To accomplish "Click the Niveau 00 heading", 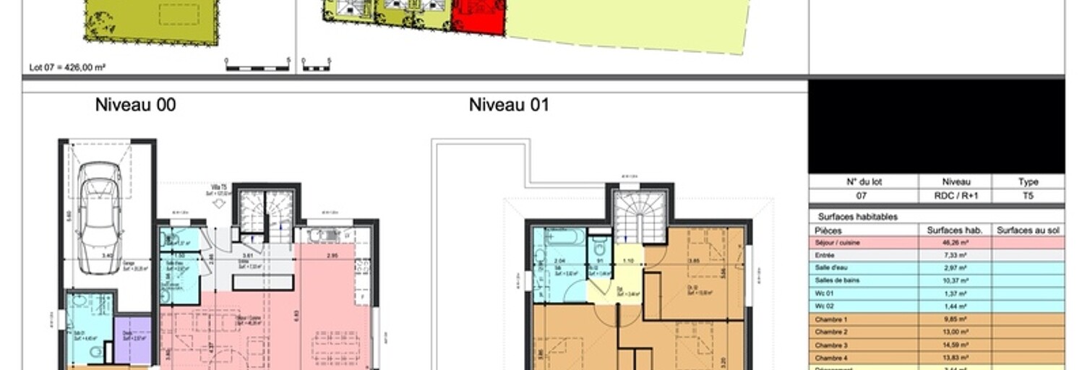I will pyautogui.click(x=135, y=106).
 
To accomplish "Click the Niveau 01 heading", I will pyautogui.click(x=509, y=106).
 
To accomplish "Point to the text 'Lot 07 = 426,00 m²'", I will pyautogui.click(x=68, y=67).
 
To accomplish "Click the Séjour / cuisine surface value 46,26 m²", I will pyautogui.click(x=954, y=243).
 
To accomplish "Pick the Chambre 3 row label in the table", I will pyautogui.click(x=830, y=345).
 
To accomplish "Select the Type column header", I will pyautogui.click(x=1028, y=182).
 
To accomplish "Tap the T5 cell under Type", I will pyautogui.click(x=1028, y=196).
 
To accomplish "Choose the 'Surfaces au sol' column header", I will pyautogui.click(x=1028, y=230).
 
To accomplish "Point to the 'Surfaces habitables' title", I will pyautogui.click(x=857, y=216).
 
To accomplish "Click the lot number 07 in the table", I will pyautogui.click(x=862, y=196).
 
